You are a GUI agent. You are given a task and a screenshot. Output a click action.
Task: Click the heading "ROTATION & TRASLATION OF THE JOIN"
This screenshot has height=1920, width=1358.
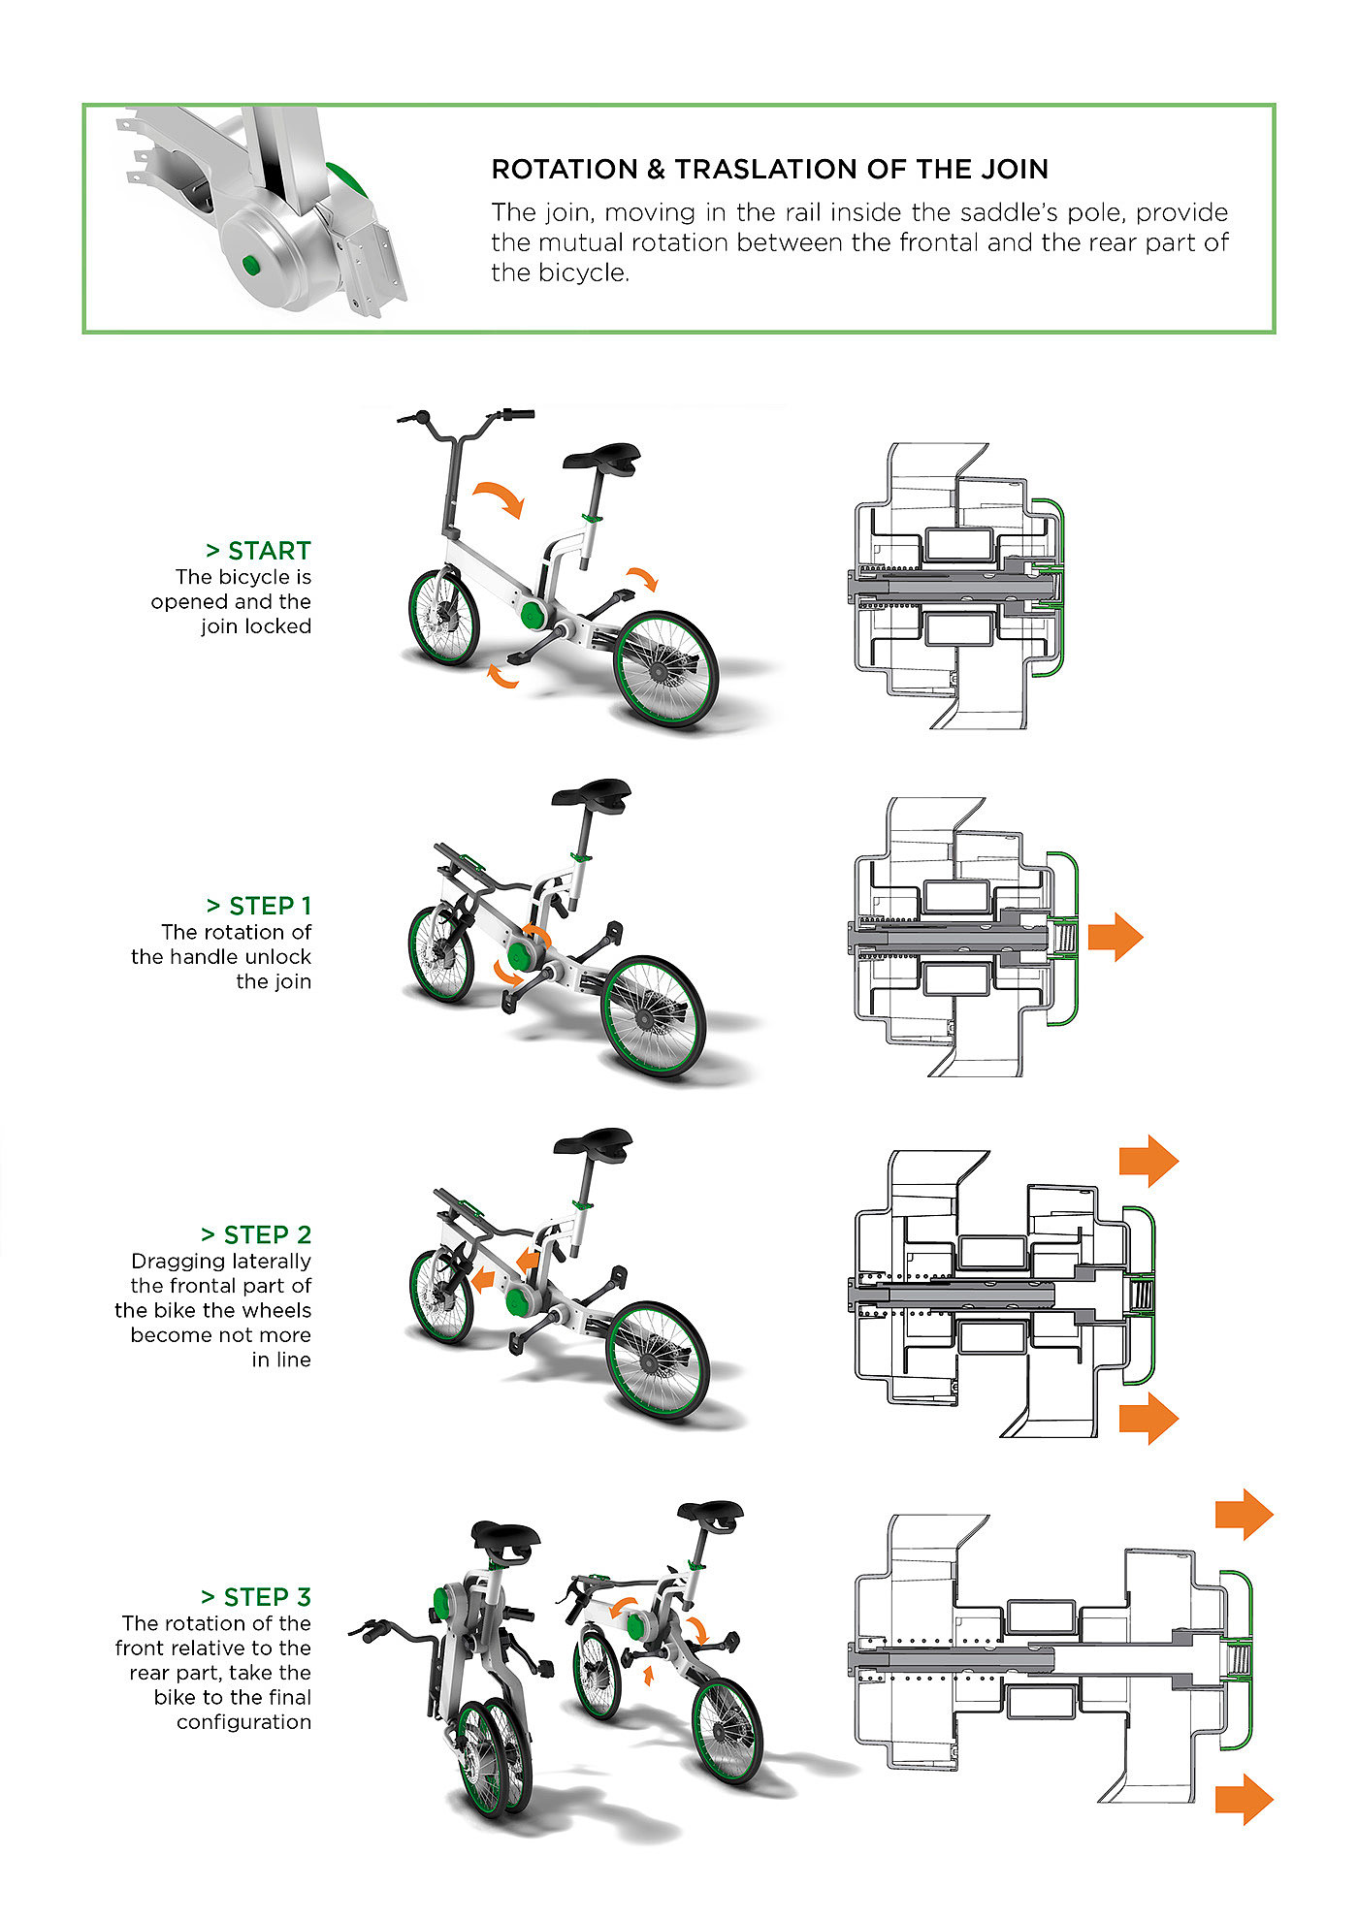pyautogui.click(x=769, y=170)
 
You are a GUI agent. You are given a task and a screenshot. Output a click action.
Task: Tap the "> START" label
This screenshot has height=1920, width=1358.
pyautogui.click(x=258, y=551)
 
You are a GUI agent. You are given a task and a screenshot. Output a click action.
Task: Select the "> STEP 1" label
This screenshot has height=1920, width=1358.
pyautogui.click(x=258, y=906)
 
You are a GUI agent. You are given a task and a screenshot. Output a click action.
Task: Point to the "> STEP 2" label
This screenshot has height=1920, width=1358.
pyautogui.click(x=256, y=1234)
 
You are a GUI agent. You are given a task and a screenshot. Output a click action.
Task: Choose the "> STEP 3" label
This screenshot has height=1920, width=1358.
pyautogui.click(x=256, y=1597)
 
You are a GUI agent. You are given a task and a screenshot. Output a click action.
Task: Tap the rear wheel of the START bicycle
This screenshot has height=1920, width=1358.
pyautogui.click(x=667, y=669)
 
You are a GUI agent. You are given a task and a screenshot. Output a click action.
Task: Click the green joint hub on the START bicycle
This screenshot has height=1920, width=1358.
pyautogui.click(x=533, y=614)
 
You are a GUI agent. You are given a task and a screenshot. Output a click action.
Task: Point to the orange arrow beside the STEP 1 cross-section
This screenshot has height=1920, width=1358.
pyautogui.click(x=1115, y=937)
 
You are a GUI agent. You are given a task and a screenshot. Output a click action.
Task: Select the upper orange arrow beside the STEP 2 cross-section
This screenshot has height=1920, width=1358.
pyautogui.click(x=1148, y=1160)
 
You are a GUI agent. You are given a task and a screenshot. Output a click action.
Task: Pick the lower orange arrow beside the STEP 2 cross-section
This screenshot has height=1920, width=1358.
pyautogui.click(x=1148, y=1418)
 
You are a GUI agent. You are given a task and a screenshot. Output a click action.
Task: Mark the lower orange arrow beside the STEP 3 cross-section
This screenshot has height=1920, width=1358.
pyautogui.click(x=1244, y=1800)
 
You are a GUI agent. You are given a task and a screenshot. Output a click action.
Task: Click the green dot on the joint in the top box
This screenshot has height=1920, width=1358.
pyautogui.click(x=251, y=265)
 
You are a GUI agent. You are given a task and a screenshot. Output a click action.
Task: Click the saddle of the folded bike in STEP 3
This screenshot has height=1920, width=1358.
pyautogui.click(x=505, y=1539)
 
